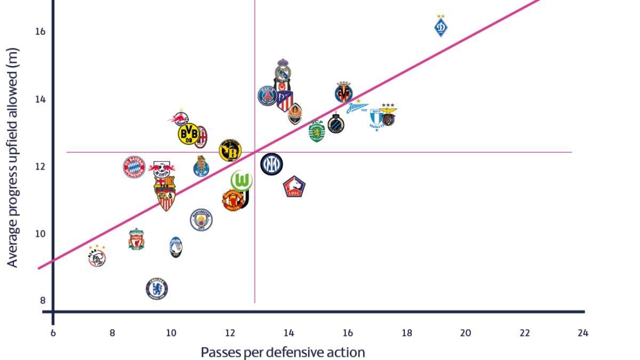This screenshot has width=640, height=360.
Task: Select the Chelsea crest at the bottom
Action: coord(157,289)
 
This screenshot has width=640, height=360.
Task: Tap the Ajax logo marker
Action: coord(97,258)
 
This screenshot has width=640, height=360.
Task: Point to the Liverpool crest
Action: coord(137,240)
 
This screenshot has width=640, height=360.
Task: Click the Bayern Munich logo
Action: coord(134,167)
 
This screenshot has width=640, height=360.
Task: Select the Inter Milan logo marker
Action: coord(271,164)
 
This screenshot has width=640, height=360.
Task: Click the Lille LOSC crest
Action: coord(294,187)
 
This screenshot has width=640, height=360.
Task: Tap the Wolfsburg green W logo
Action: coord(242,181)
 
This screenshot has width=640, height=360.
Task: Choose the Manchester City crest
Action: coord(201,220)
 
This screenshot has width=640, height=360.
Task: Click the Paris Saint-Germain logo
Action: coord(267,96)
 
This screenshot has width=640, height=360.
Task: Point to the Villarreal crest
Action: coord(344,93)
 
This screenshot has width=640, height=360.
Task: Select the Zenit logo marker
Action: coord(357,108)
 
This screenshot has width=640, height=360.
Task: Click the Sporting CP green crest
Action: coord(317,131)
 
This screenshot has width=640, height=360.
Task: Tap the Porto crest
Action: coord(201,167)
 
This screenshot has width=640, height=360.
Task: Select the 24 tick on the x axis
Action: coord(583,333)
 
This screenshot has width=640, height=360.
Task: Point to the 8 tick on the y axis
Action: coord(43,300)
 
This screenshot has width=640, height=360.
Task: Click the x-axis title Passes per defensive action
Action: coord(283,352)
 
